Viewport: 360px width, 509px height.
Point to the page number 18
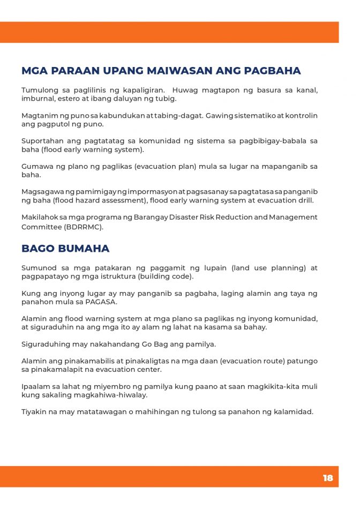pyautogui.click(x=327, y=478)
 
